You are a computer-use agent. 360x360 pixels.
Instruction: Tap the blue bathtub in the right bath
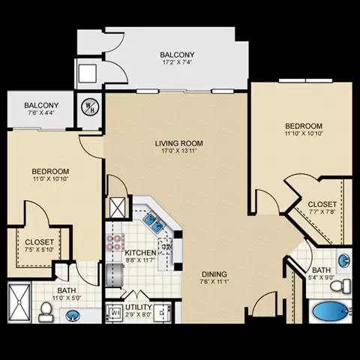[x=328, y=310]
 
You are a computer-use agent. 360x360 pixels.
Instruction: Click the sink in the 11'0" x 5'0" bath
[x=72, y=316]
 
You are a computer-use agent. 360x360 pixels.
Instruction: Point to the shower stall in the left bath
[x=20, y=304]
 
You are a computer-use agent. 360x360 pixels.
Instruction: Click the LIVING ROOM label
[x=178, y=143]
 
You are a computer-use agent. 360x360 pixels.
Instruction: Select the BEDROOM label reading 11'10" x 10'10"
[x=303, y=126]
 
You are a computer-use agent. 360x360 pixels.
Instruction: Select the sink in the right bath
[x=343, y=260]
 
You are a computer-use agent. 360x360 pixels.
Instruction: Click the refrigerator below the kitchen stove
[x=115, y=270]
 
